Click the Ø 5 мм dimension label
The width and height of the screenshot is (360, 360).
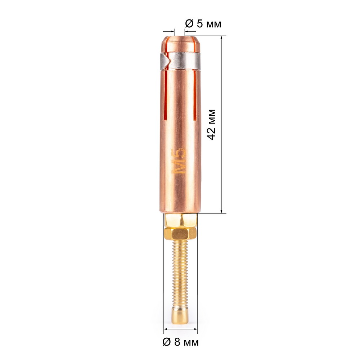[203, 23]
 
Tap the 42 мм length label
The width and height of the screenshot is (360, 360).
[211, 125]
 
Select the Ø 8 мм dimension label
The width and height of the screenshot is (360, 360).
[180, 342]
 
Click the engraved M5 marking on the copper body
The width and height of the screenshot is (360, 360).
[179, 161]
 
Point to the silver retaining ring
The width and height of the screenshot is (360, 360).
[180, 61]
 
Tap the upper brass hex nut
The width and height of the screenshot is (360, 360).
[180, 220]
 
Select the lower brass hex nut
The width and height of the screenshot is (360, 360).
[180, 234]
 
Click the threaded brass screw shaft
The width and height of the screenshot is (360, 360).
[180, 273]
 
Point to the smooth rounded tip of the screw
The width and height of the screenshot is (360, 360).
[180, 316]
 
